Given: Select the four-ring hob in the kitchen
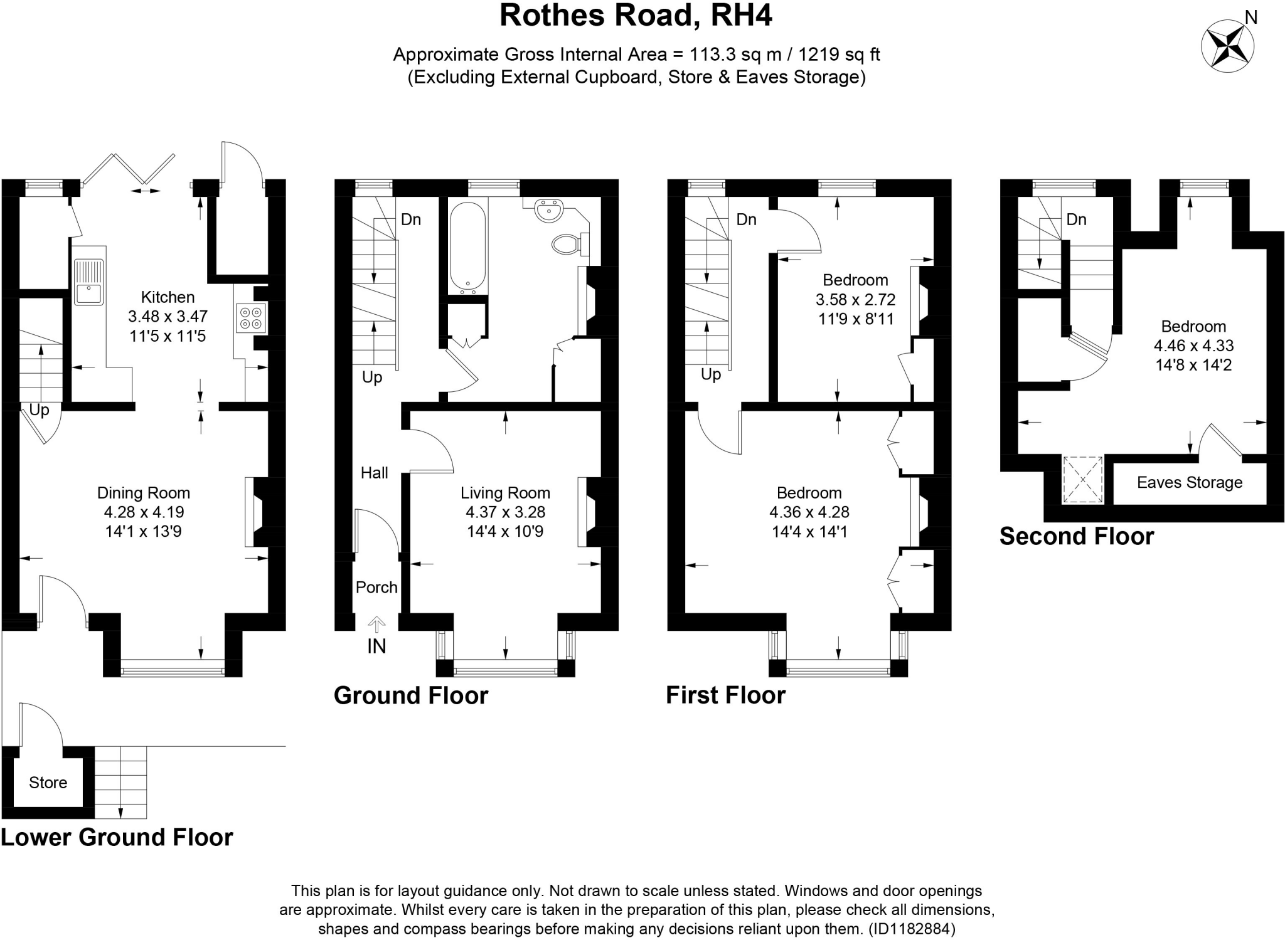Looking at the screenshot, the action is click(x=251, y=317).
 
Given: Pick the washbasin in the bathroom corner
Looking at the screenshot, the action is click(x=550, y=211).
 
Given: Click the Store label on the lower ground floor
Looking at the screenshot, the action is click(x=48, y=783).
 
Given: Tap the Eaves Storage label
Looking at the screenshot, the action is click(x=1189, y=482).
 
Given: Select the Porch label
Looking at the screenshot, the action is click(x=376, y=587).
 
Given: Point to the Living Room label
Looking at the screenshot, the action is click(x=505, y=493).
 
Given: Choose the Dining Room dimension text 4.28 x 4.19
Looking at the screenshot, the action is click(x=144, y=512).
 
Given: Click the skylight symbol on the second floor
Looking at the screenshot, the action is click(x=1082, y=479).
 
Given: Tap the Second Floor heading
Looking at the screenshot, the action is click(x=1076, y=536).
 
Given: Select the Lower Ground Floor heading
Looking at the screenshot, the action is click(x=117, y=837).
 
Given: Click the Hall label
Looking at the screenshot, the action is click(x=374, y=473).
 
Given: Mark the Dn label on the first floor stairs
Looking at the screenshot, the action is click(x=746, y=219).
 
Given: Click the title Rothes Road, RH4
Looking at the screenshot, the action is click(x=636, y=16).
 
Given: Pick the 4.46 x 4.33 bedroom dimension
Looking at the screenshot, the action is click(x=1193, y=346).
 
